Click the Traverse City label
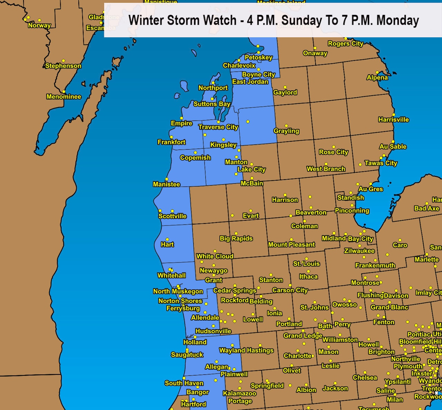[x=218, y=127]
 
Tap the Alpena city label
[x=377, y=78]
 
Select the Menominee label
[x=64, y=97]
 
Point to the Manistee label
[x=166, y=184]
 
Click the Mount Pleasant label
[x=291, y=245]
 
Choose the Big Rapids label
[x=236, y=239]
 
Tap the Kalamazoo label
[x=240, y=393]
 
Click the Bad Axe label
[x=426, y=208]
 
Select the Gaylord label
[x=285, y=93]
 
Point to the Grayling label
[x=286, y=131]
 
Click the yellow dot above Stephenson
[x=64, y=61]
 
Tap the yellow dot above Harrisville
[x=394, y=115]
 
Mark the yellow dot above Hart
[x=167, y=239]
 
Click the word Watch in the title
[x=220, y=20]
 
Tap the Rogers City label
[x=345, y=44]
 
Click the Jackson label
[x=335, y=389]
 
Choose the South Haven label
[x=184, y=383]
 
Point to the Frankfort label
[x=172, y=142]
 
